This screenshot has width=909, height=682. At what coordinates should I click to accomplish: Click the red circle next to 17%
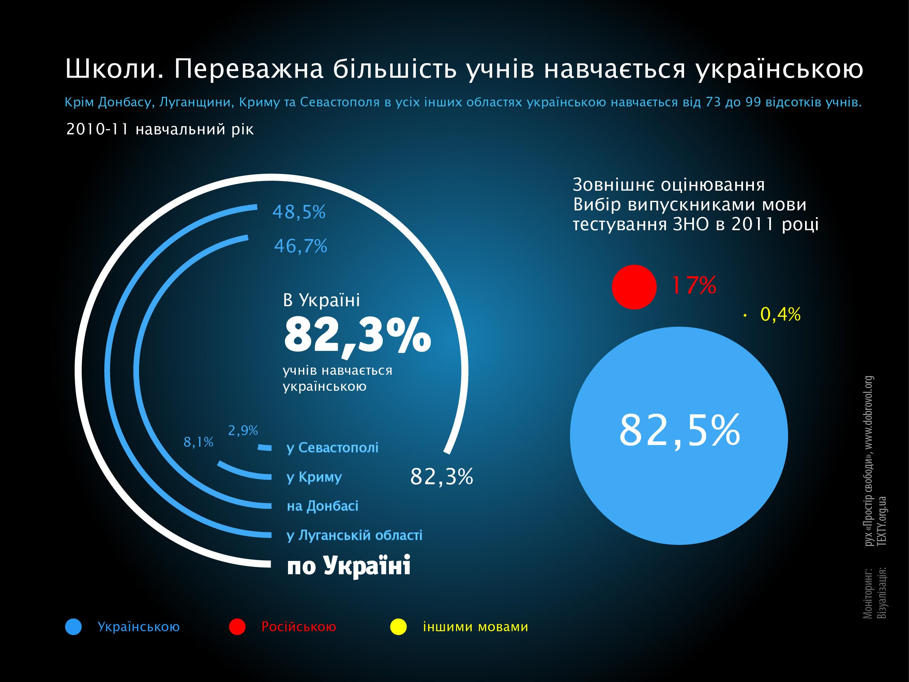click(x=634, y=286)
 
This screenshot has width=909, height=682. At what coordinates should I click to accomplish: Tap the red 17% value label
click(x=694, y=285)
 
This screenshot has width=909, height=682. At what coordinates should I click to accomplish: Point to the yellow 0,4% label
click(x=780, y=314)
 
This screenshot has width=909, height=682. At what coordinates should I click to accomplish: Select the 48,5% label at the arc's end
click(x=299, y=212)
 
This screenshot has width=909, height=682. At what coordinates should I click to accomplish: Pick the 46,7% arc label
click(x=300, y=246)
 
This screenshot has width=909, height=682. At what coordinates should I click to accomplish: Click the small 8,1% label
click(x=198, y=442)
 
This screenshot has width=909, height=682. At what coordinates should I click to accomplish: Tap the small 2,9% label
click(x=243, y=430)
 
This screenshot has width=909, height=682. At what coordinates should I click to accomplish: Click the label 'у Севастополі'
click(x=332, y=447)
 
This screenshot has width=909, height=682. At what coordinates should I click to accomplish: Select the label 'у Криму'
click(x=314, y=477)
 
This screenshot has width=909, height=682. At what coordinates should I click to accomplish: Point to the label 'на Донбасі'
click(x=322, y=506)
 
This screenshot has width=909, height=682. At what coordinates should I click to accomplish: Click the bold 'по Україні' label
click(x=348, y=566)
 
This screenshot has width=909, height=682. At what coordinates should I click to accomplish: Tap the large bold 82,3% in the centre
click(x=357, y=335)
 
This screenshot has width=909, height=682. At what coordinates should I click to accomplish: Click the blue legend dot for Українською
click(x=74, y=627)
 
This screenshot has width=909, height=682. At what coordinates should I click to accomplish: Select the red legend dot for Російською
click(x=237, y=627)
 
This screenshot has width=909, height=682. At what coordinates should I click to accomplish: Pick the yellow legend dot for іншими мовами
click(x=398, y=627)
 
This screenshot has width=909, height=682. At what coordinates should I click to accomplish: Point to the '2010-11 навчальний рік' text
click(x=160, y=130)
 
